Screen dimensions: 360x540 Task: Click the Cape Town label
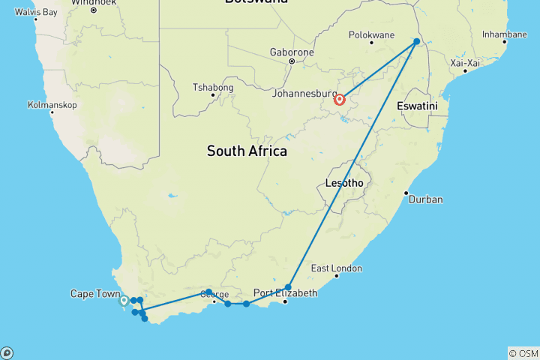(94, 293)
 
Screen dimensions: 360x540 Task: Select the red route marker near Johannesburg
(340, 99)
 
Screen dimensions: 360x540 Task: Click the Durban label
(425, 199)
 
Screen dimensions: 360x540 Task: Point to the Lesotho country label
(344, 183)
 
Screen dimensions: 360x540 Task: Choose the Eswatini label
(417, 106)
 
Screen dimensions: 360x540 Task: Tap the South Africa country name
(247, 151)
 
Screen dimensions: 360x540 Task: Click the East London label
(336, 268)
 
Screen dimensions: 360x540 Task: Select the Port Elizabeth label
(280, 292)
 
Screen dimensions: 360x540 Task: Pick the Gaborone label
(291, 52)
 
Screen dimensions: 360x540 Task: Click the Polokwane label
(372, 34)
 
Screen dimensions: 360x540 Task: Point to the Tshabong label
(213, 88)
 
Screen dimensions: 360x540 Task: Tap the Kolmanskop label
(52, 105)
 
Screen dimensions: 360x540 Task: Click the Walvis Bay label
(36, 13)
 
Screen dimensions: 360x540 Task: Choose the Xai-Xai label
(463, 64)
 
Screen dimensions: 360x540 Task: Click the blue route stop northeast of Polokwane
(417, 41)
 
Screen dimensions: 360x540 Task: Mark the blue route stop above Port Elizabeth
(288, 286)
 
